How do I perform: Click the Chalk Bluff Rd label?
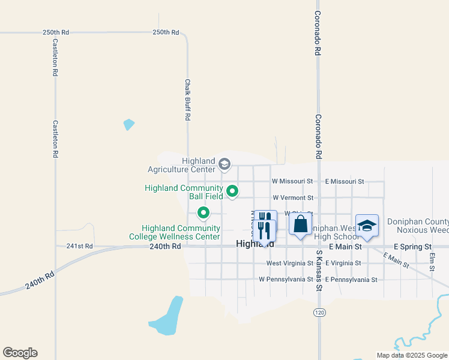click(x=187, y=100)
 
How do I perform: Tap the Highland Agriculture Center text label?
click(x=190, y=165)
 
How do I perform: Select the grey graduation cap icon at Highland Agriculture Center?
click(x=224, y=164)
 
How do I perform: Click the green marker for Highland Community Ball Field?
click(x=232, y=192)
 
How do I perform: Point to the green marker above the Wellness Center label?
click(x=203, y=212)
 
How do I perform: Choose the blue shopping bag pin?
click(x=300, y=224)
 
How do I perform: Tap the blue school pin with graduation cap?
click(x=367, y=226)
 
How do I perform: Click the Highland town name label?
click(x=255, y=244)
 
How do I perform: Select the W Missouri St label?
click(x=292, y=181)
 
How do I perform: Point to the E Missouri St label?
click(x=345, y=181)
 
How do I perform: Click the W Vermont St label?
click(x=293, y=197)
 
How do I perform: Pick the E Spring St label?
click(x=412, y=247)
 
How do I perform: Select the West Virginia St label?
click(x=289, y=263)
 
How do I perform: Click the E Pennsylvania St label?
click(x=351, y=280)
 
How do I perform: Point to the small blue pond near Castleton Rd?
click(x=128, y=125)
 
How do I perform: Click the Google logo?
click(x=20, y=353)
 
